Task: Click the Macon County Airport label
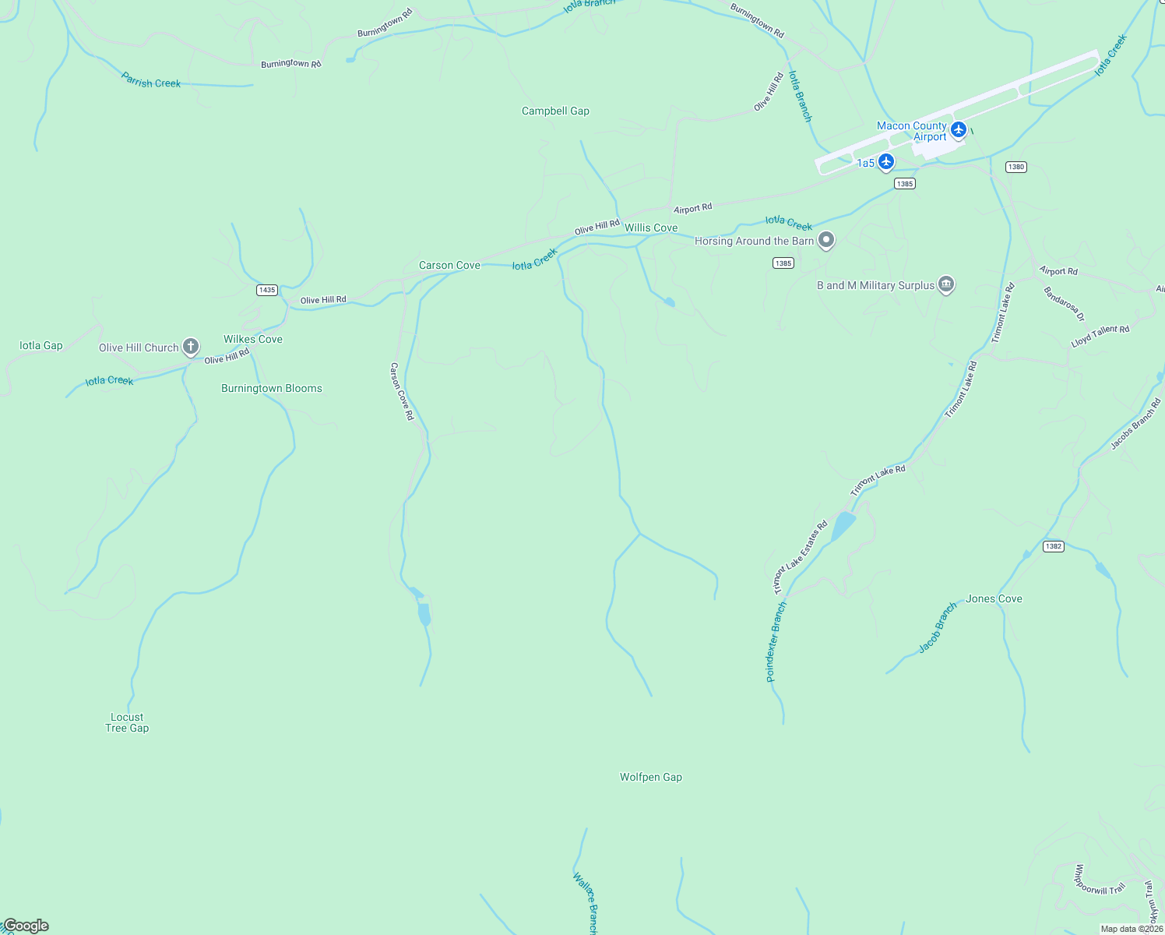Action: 912,131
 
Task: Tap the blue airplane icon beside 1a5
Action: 885,162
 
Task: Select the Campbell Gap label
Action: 555,111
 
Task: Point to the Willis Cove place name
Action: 651,228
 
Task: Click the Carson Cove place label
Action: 449,266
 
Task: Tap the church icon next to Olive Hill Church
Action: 191,347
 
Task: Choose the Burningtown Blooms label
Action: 272,389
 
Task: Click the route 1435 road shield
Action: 267,290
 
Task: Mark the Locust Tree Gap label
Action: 127,723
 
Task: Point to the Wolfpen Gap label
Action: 651,778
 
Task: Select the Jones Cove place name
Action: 994,599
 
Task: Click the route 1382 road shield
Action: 1054,546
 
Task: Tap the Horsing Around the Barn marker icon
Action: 826,241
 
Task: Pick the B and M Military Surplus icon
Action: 946,284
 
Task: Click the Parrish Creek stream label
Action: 151,80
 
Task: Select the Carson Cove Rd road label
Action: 402,392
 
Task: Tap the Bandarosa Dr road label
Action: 1064,304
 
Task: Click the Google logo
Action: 26,926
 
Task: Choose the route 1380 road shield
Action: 1015,167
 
